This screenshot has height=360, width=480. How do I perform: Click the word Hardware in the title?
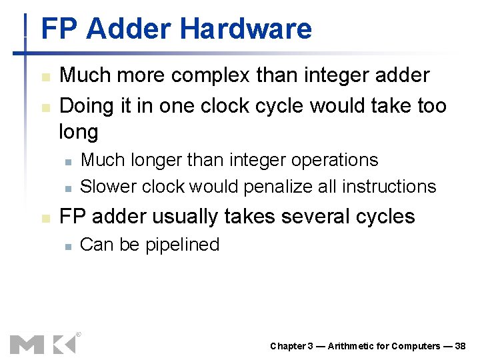[245, 29]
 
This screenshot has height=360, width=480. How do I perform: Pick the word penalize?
[278, 187]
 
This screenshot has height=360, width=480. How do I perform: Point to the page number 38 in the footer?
[460, 346]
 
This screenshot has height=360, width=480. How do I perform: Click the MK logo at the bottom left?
[43, 343]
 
